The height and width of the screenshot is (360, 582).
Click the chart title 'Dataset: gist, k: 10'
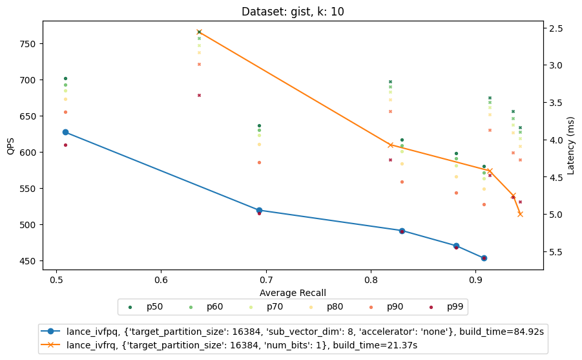pos(293,12)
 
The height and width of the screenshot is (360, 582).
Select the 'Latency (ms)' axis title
pos(570,145)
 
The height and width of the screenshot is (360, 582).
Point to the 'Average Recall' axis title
pos(293,293)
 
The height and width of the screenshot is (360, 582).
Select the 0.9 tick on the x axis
pos(476,281)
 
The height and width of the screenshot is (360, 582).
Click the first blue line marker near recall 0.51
pos(65,132)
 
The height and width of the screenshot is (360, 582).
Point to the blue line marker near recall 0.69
pos(259,210)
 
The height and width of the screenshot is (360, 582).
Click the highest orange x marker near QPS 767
pos(199,32)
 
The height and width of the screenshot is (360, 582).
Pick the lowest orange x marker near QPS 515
pos(520,214)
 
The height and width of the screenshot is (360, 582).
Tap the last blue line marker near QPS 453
pos(484,258)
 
